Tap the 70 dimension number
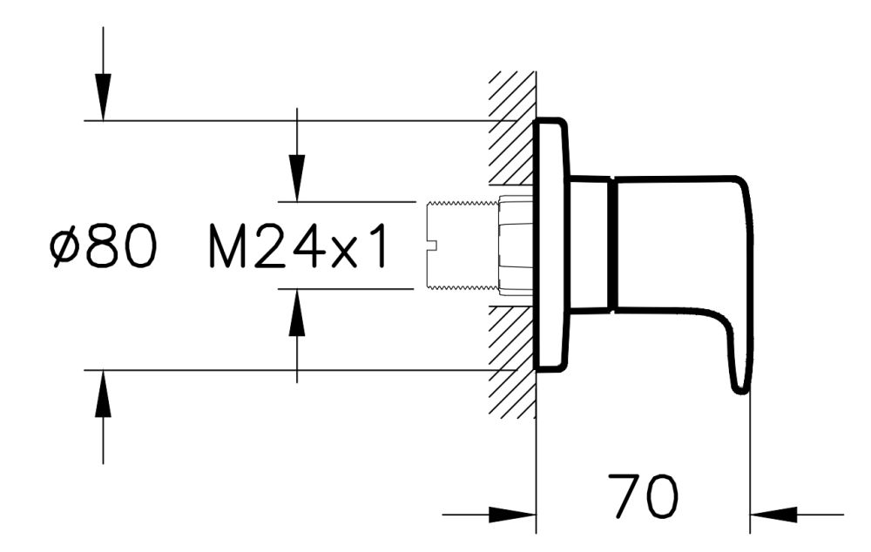click(x=642, y=498)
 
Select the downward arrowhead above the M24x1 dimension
click(x=298, y=178)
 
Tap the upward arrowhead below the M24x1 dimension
click(x=298, y=313)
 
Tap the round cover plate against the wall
click(x=550, y=246)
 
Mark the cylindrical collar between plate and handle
click(x=590, y=245)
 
